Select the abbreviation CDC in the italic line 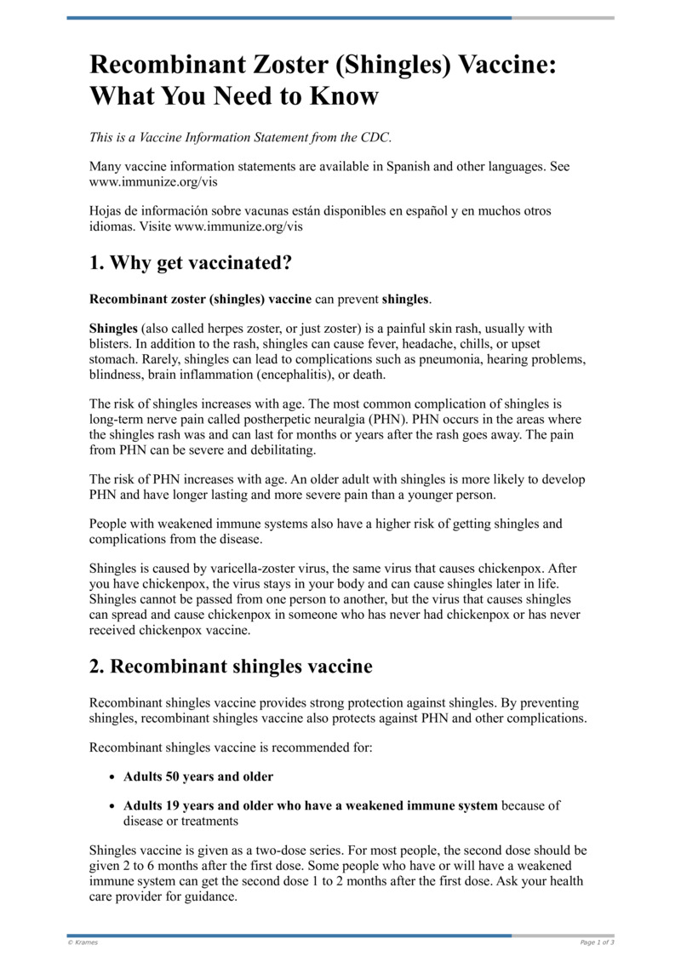[x=374, y=137]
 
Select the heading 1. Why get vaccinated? [x=191, y=263]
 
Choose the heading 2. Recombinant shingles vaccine [x=231, y=667]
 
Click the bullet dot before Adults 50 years [x=113, y=777]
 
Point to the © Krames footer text [x=83, y=942]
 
